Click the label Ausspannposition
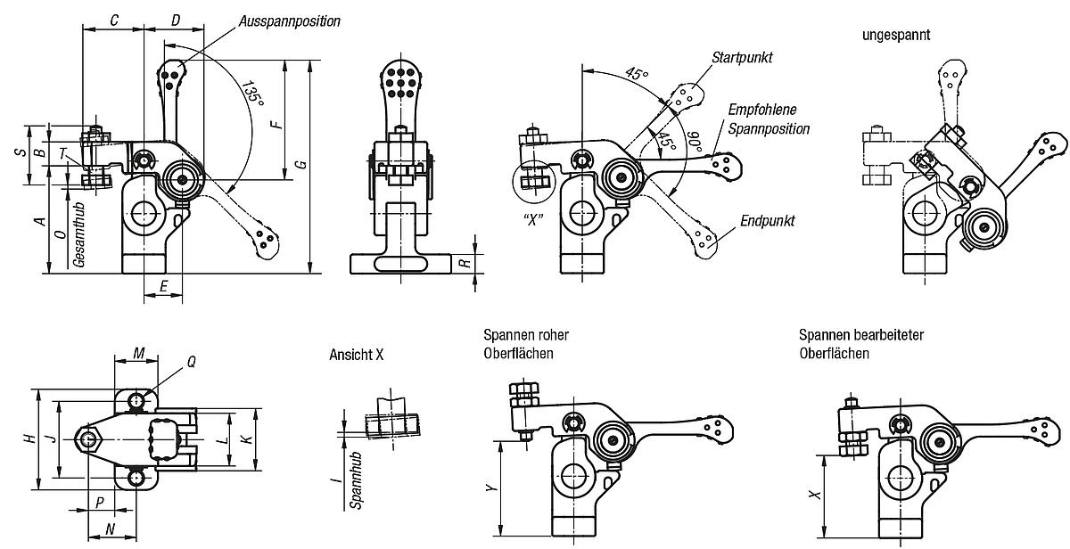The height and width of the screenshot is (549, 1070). [x=290, y=20]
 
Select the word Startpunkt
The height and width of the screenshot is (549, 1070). [x=742, y=57]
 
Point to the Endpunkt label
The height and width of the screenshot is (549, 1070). [x=767, y=221]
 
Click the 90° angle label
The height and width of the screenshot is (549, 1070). [x=695, y=142]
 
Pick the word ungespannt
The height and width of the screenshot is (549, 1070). [x=897, y=36]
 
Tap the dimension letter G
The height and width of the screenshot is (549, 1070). [x=301, y=164]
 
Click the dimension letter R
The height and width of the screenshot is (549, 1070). [x=464, y=264]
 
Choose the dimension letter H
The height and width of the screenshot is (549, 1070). [x=29, y=438]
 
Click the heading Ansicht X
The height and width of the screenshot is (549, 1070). [x=356, y=355]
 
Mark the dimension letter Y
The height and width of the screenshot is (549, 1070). [x=488, y=488]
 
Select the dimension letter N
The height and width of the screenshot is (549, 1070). [x=111, y=529]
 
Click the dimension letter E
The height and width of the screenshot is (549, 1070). [x=163, y=285]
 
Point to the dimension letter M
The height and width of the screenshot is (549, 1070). [x=138, y=353]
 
